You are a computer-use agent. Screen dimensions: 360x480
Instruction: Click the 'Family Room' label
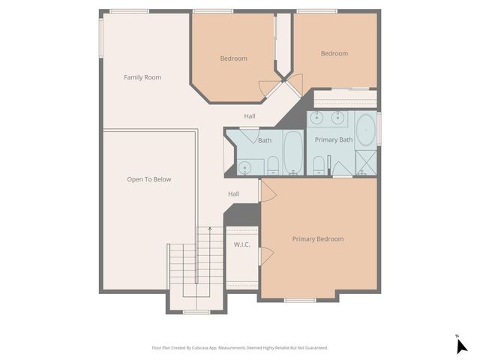pyautogui.click(x=142, y=77)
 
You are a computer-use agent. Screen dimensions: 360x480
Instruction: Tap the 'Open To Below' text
pyautogui.click(x=149, y=179)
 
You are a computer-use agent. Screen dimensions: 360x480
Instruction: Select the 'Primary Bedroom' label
pyautogui.click(x=318, y=238)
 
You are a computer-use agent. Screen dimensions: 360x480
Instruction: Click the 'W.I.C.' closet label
pyautogui.click(x=241, y=244)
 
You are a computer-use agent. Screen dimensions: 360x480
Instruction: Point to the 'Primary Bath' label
pyautogui.click(x=334, y=139)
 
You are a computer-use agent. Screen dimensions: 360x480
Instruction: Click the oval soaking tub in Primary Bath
pyautogui.click(x=365, y=130)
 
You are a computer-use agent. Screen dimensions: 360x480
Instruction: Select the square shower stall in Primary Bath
pyautogui.click(x=366, y=162)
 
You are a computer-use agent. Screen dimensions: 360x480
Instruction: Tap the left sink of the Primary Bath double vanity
pyautogui.click(x=317, y=118)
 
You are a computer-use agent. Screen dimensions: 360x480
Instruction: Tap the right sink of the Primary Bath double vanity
pyautogui.click(x=337, y=118)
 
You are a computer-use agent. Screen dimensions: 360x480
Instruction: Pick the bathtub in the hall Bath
pyautogui.click(x=292, y=152)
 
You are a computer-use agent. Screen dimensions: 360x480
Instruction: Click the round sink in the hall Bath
pyautogui.click(x=244, y=166)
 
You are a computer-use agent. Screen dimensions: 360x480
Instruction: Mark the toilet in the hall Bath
pyautogui.click(x=273, y=165)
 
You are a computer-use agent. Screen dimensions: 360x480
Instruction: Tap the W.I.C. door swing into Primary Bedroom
pyautogui.click(x=267, y=255)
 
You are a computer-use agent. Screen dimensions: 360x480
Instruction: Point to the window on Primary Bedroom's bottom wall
pyautogui.click(x=300, y=300)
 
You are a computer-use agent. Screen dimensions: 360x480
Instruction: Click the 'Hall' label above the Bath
pyautogui.click(x=250, y=116)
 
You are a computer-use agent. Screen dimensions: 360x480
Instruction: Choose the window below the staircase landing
pyautogui.click(x=196, y=311)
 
